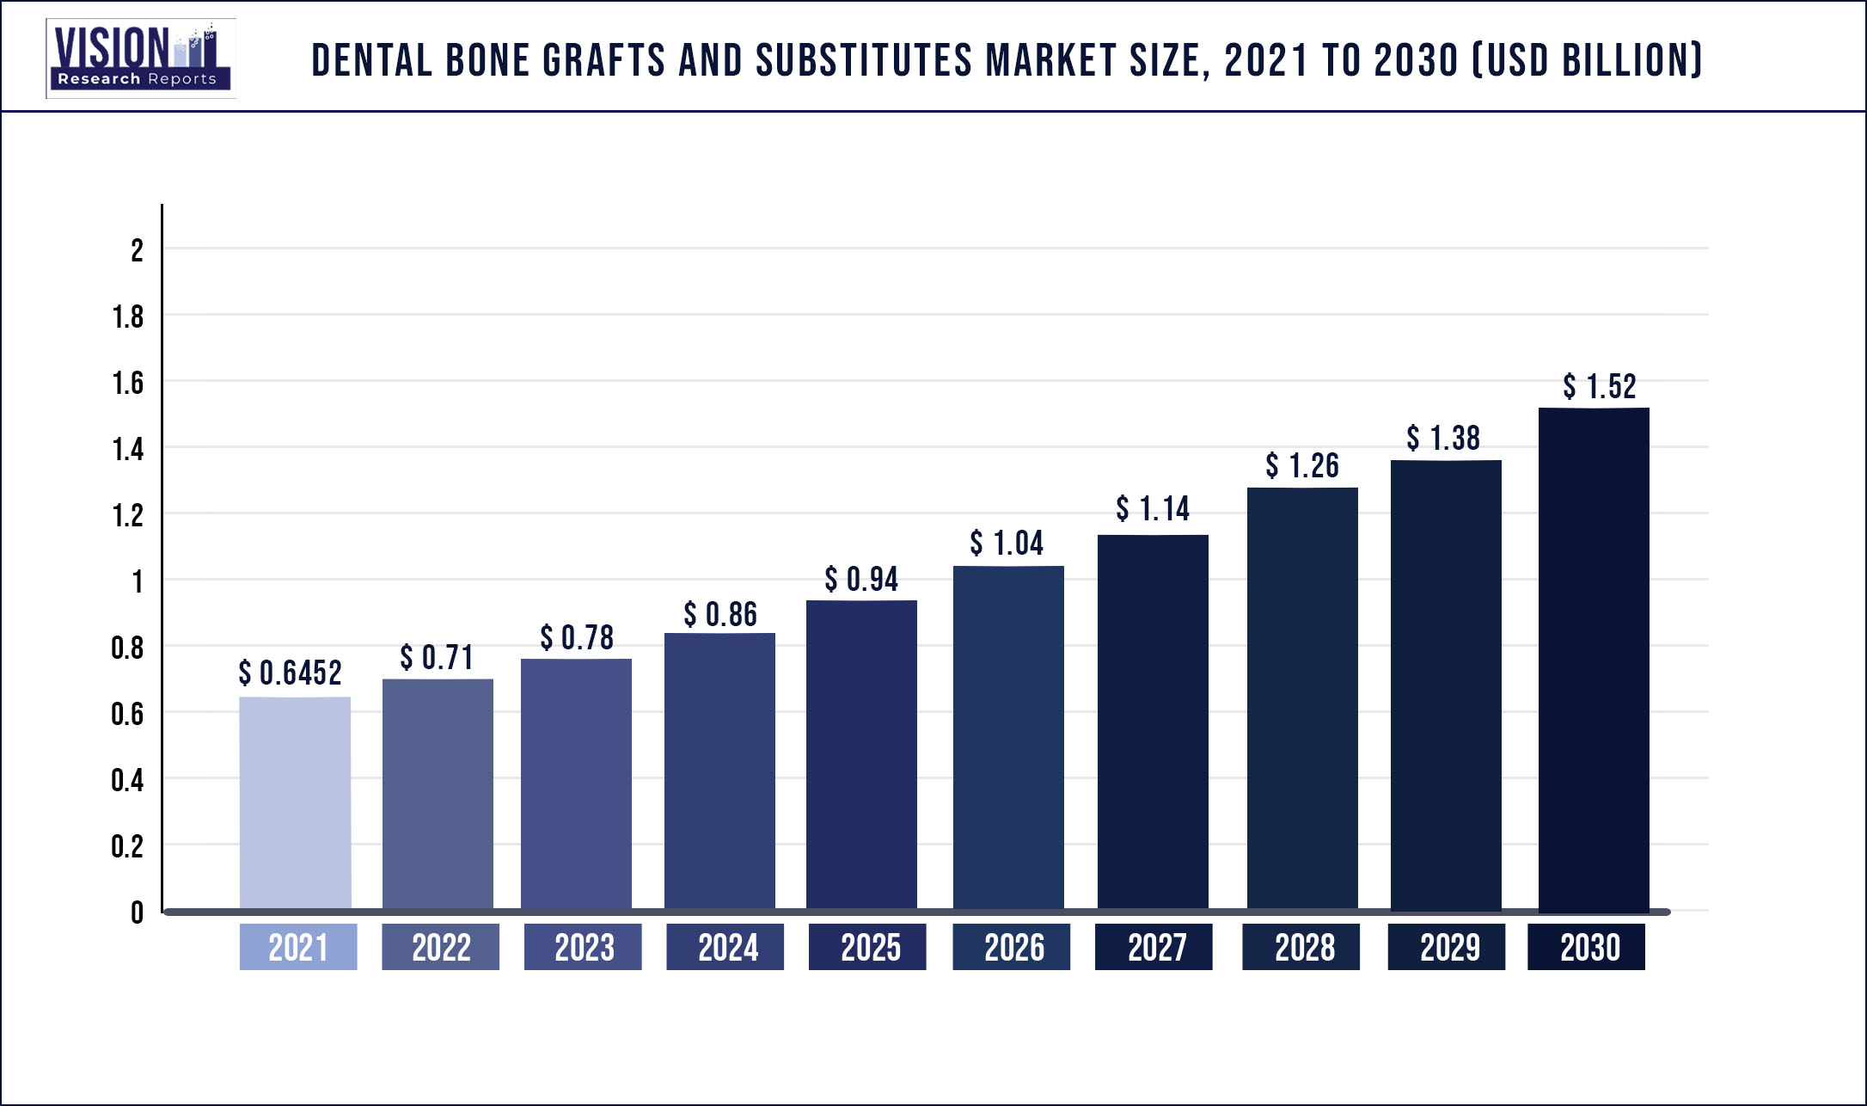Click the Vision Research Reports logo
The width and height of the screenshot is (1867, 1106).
(x=140, y=58)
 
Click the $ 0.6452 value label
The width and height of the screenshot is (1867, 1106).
(x=291, y=673)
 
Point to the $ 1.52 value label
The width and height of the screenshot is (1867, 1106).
(x=1600, y=387)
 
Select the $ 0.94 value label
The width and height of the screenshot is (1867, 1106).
(x=861, y=580)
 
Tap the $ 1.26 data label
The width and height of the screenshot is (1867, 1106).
(x=1302, y=466)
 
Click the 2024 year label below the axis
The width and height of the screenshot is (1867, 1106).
(x=725, y=947)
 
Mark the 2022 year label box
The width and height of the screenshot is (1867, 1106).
(x=440, y=947)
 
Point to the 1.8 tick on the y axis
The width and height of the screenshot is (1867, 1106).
(x=128, y=317)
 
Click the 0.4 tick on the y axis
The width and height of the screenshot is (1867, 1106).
(x=127, y=780)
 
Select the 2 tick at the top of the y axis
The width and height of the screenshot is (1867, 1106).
(x=137, y=250)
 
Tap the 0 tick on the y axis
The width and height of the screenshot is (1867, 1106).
(x=137, y=912)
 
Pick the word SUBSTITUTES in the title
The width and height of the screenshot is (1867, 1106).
(x=864, y=60)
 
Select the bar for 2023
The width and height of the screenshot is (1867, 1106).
(x=576, y=783)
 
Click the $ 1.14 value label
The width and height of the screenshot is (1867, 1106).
(x=1153, y=509)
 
